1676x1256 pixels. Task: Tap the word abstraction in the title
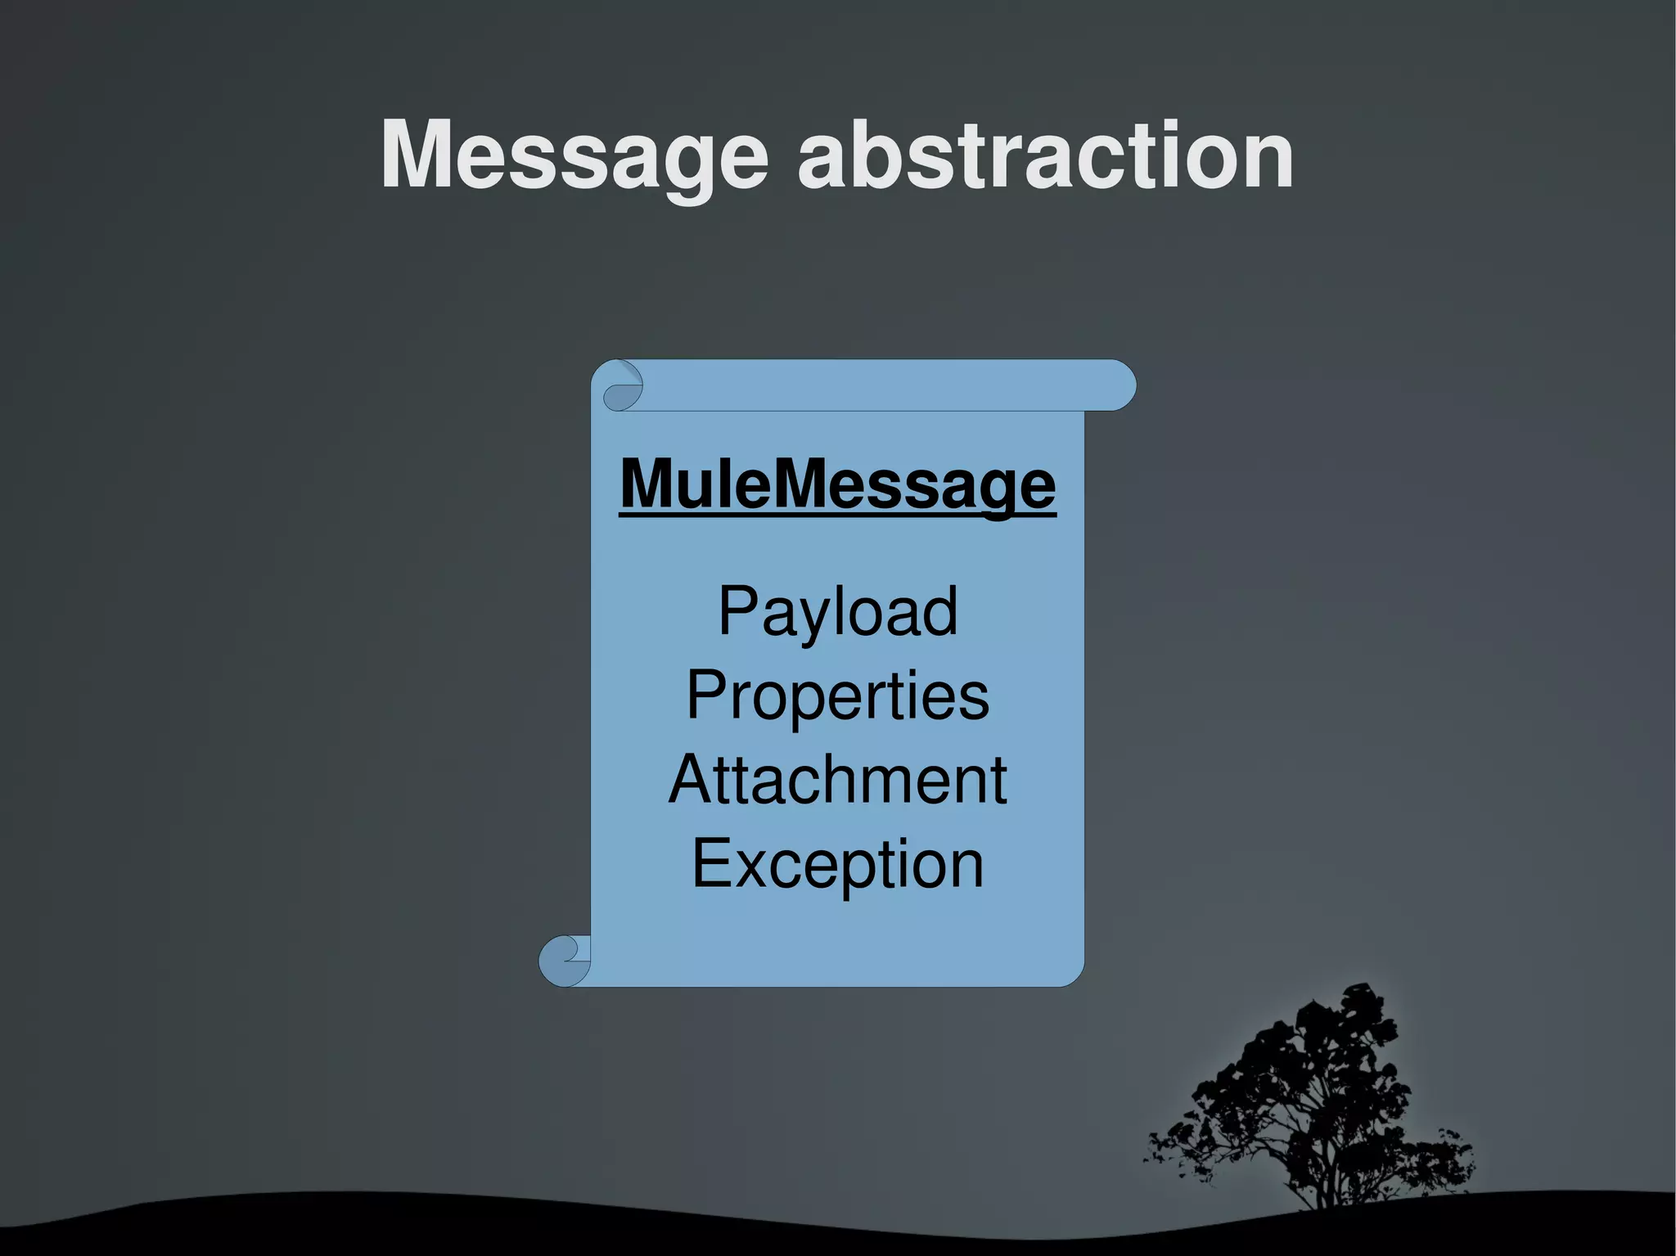pyautogui.click(x=1046, y=155)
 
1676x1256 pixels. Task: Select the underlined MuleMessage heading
pyautogui.click(x=837, y=484)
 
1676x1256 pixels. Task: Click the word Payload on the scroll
pyautogui.click(x=837, y=612)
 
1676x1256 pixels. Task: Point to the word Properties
pyautogui.click(x=837, y=696)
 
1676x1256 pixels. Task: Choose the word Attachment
pyautogui.click(x=837, y=780)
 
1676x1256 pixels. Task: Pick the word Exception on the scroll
pyautogui.click(x=837, y=864)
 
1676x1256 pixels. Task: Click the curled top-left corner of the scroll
pyautogui.click(x=622, y=385)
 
